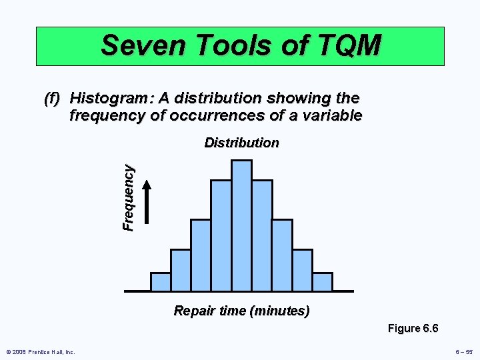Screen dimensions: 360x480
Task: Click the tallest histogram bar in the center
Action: click(241, 225)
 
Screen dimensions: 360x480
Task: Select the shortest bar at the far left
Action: click(161, 282)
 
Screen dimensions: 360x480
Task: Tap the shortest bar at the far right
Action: click(323, 282)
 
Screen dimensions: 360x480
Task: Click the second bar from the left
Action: click(181, 270)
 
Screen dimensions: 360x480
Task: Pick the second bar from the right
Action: click(303, 270)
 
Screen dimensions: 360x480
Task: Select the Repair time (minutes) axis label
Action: click(241, 311)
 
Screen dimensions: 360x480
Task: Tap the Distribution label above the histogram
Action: click(241, 143)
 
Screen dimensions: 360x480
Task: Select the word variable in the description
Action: click(329, 115)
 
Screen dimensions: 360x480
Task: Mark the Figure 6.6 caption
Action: click(413, 328)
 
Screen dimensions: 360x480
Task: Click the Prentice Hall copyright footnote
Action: click(41, 352)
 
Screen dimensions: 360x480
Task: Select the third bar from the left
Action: click(201, 255)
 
